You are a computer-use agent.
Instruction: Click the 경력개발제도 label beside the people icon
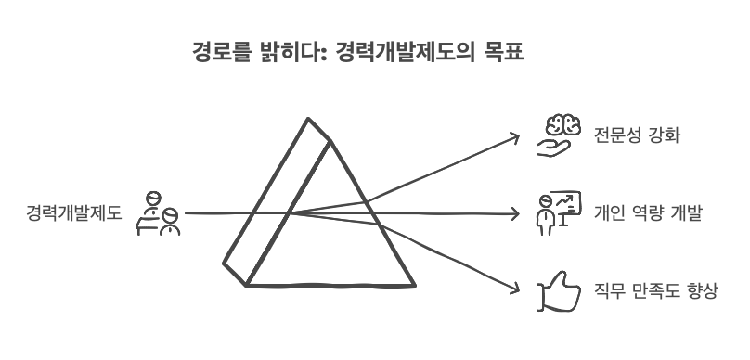click(x=74, y=214)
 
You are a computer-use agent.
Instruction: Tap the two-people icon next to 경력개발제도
click(x=159, y=214)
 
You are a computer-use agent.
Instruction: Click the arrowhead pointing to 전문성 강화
click(x=518, y=136)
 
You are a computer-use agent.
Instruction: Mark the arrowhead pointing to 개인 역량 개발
click(x=516, y=214)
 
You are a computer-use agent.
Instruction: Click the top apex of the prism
click(x=307, y=121)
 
